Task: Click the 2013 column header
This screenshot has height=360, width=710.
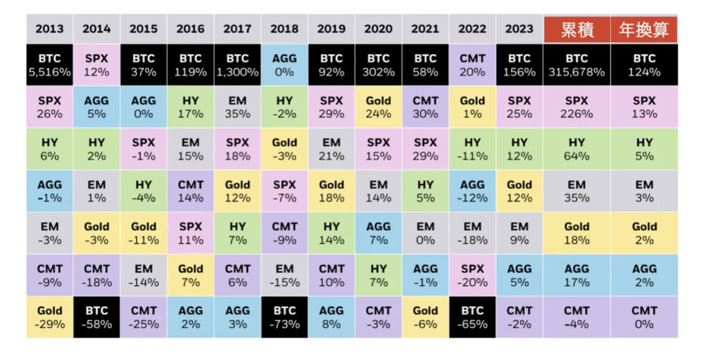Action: pos(49,29)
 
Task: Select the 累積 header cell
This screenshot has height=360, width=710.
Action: pos(576,29)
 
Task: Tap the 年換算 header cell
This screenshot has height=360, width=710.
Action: pos(643,29)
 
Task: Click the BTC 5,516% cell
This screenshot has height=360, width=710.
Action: pos(49,65)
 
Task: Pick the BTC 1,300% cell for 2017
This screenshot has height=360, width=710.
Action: pos(237,65)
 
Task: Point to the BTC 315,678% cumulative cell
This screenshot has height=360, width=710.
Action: pos(576,65)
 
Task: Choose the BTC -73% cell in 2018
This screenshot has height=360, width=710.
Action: pos(284,317)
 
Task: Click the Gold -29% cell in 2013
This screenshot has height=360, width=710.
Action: pos(49,317)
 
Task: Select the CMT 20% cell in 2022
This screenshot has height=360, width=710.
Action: pos(472,65)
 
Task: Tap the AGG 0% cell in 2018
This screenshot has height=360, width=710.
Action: pos(284,65)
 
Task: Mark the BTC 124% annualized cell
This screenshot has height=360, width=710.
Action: pos(643,65)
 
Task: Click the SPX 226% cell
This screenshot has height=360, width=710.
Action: pos(576,107)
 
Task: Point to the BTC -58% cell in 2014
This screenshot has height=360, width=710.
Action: pos(96,317)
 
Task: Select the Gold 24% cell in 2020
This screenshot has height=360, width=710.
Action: pos(379,107)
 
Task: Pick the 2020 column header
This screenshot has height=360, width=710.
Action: pos(379,29)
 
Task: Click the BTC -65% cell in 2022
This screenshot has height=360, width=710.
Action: pos(472,317)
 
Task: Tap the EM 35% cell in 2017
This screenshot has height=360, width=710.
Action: pos(237,107)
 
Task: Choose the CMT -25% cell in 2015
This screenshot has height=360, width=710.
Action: pos(144,317)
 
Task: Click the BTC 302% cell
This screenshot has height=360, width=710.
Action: pos(379,65)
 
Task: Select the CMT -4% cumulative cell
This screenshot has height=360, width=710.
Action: pos(576,317)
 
